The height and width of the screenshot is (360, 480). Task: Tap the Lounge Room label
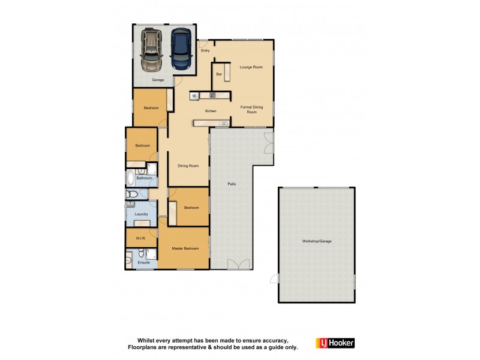pos(251,67)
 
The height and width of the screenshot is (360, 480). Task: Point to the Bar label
pos(219,74)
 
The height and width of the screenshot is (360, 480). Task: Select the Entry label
pos(206,50)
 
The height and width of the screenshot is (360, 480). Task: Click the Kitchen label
pos(210,112)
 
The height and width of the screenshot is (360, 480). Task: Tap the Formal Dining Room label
pos(252,109)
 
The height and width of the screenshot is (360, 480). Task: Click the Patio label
pos(231,184)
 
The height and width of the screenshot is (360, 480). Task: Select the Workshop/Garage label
pos(317,241)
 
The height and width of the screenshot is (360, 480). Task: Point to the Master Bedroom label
pos(185,248)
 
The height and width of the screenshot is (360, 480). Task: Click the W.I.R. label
pos(141,238)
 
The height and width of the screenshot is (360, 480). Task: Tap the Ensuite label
pos(144,262)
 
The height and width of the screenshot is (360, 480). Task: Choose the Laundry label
pos(142,214)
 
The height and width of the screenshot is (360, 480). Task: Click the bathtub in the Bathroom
pos(131,178)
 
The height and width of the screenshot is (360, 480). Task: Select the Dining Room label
pos(188,166)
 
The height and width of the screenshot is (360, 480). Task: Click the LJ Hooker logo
pos(335,343)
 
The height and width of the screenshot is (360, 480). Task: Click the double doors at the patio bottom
pos(240,265)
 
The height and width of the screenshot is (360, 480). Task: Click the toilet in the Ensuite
pos(130,259)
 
